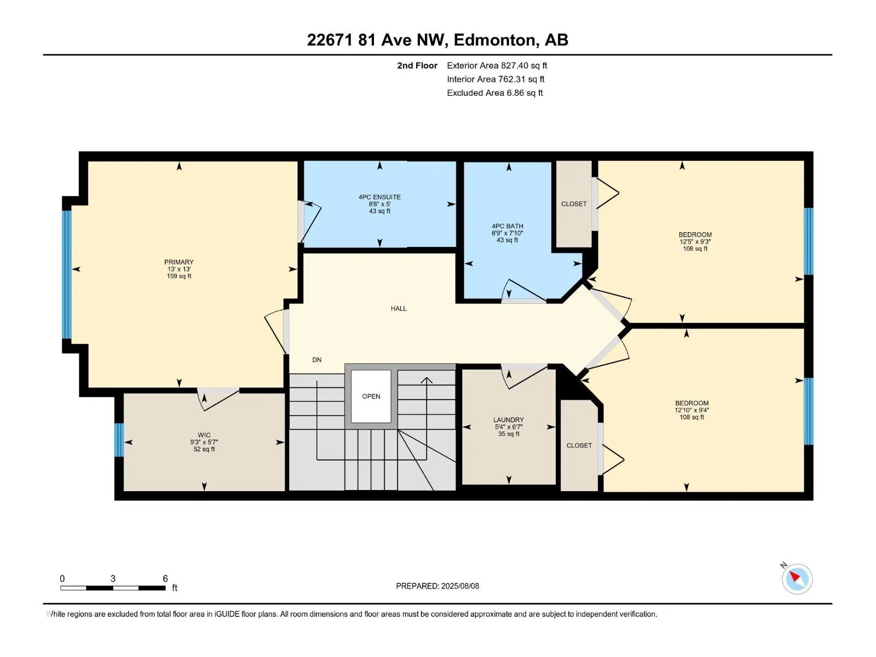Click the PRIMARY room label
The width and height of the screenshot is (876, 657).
tap(179, 262)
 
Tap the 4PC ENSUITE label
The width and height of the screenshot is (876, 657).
tap(379, 197)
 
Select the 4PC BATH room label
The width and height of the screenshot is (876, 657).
tap(508, 226)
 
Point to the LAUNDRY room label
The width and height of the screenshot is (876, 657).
tap(509, 420)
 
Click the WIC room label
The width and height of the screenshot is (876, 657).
tap(204, 435)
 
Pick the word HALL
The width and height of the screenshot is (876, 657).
tap(399, 309)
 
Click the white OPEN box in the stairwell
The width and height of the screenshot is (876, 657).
tap(371, 396)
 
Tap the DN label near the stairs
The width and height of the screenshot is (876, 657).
tap(317, 360)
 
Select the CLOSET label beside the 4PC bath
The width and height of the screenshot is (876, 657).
tap(574, 204)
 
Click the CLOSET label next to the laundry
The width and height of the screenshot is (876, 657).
tap(579, 446)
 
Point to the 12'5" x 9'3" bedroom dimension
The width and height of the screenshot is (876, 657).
tap(695, 241)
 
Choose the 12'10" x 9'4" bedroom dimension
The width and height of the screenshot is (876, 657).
tap(691, 410)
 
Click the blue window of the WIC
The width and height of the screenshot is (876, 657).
tap(119, 440)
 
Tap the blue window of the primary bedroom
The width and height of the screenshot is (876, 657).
tap(67, 275)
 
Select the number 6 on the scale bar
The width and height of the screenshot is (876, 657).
tap(165, 579)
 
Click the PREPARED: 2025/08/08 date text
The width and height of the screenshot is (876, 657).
tap(437, 586)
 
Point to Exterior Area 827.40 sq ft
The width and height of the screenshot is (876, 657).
tap(497, 66)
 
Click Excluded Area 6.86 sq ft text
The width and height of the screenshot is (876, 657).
tap(494, 93)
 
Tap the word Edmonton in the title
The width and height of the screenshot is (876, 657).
tap(494, 40)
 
